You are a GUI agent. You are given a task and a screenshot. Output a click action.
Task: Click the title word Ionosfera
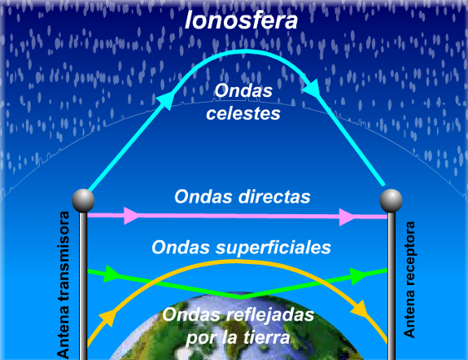coord(241,20)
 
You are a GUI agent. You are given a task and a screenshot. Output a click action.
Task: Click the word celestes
coord(243,113)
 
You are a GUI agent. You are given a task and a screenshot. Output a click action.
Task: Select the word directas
coord(274,196)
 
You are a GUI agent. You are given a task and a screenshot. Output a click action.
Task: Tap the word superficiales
coord(273,248)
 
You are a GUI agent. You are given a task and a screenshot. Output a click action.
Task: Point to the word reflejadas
coord(270,314)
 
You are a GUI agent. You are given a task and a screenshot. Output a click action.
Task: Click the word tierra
coord(266,337)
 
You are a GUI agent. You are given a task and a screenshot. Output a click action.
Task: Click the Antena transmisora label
coord(63,284)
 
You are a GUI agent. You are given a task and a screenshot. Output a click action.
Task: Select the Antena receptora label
coord(409,279)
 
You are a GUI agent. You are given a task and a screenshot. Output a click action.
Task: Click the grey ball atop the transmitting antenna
coord(83,200)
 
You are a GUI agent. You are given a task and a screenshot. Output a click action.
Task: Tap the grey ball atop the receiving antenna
coord(391,200)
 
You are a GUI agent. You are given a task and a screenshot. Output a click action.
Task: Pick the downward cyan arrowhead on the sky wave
coord(312,88)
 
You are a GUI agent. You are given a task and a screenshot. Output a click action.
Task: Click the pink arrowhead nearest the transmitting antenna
coord(131,215)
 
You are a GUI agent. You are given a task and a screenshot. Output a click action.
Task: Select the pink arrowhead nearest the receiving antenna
coord(347,217)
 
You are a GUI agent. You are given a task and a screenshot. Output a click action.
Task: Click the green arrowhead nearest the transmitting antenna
coord(111,274)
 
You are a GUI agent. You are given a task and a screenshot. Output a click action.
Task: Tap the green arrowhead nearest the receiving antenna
coord(357,276)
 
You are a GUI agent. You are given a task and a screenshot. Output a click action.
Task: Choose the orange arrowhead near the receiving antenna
coord(360,309)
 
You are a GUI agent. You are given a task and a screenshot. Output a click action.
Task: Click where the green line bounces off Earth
coord(241,298)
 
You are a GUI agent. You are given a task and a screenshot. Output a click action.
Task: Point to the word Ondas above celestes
coord(243,90)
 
